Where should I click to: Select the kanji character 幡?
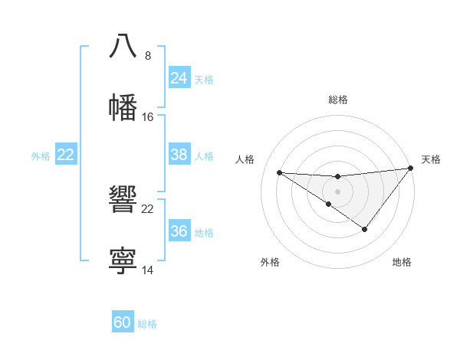point(123,107)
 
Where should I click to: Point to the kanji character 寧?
point(123,260)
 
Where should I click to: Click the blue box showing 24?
point(179,78)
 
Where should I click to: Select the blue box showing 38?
point(179,155)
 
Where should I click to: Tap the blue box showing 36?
point(179,231)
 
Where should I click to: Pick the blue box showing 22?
point(66,155)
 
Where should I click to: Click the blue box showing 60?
point(123,322)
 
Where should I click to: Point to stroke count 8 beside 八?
point(147,56)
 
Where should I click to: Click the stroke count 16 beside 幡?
point(148,117)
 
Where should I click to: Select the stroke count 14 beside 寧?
point(148,270)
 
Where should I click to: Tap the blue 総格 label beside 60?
point(147,324)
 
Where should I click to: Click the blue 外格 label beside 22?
point(41,156)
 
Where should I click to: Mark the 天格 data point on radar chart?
point(411,169)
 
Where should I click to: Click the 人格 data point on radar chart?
point(279,172)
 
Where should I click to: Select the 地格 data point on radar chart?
point(365,229)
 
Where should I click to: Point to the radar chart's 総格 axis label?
point(338,100)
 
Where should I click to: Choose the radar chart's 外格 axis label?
point(269,262)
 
